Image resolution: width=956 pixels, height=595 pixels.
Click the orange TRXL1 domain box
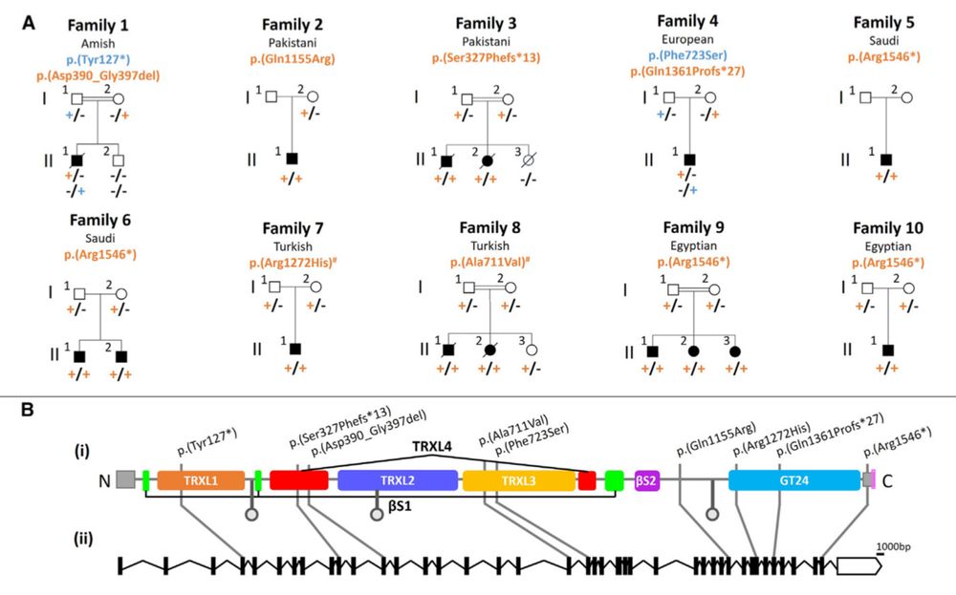[201, 480]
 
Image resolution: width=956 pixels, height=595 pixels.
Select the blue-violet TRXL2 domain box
[398, 480]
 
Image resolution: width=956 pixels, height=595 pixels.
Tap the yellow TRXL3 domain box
[519, 480]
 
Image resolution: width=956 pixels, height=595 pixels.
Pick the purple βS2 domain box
[647, 480]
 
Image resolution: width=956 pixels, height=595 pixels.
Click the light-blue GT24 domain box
[793, 480]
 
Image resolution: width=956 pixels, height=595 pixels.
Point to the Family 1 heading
[98, 26]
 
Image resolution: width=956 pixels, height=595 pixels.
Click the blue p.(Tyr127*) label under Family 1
[98, 59]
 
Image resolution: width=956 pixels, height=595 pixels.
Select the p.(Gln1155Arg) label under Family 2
[293, 59]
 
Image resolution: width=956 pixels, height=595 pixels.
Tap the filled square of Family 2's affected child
[292, 159]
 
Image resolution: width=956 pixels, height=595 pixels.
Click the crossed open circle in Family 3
[528, 160]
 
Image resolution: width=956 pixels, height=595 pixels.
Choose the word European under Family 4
[687, 39]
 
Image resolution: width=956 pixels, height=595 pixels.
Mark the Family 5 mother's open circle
[906, 97]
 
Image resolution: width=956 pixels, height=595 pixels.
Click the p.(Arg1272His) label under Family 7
[293, 263]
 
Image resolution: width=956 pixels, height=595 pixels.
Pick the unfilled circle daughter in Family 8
[531, 351]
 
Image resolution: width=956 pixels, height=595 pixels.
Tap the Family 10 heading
[888, 228]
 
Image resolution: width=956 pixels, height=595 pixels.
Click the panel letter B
[27, 410]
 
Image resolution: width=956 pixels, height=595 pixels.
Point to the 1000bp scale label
[893, 546]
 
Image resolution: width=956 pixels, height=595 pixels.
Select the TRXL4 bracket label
[432, 446]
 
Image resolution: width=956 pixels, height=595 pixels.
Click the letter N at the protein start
[104, 481]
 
